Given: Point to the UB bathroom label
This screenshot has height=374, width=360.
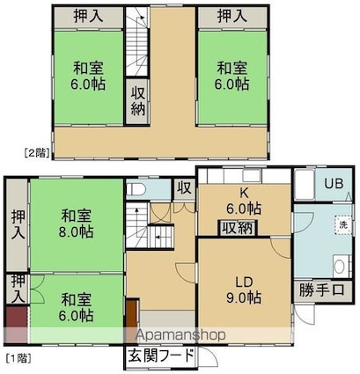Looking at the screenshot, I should [x=333, y=185].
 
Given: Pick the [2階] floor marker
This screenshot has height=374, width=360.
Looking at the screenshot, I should [x=36, y=150].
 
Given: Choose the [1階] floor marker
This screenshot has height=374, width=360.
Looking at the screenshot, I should [x=18, y=357].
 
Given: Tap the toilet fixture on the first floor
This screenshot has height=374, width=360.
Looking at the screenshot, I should [x=137, y=189].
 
